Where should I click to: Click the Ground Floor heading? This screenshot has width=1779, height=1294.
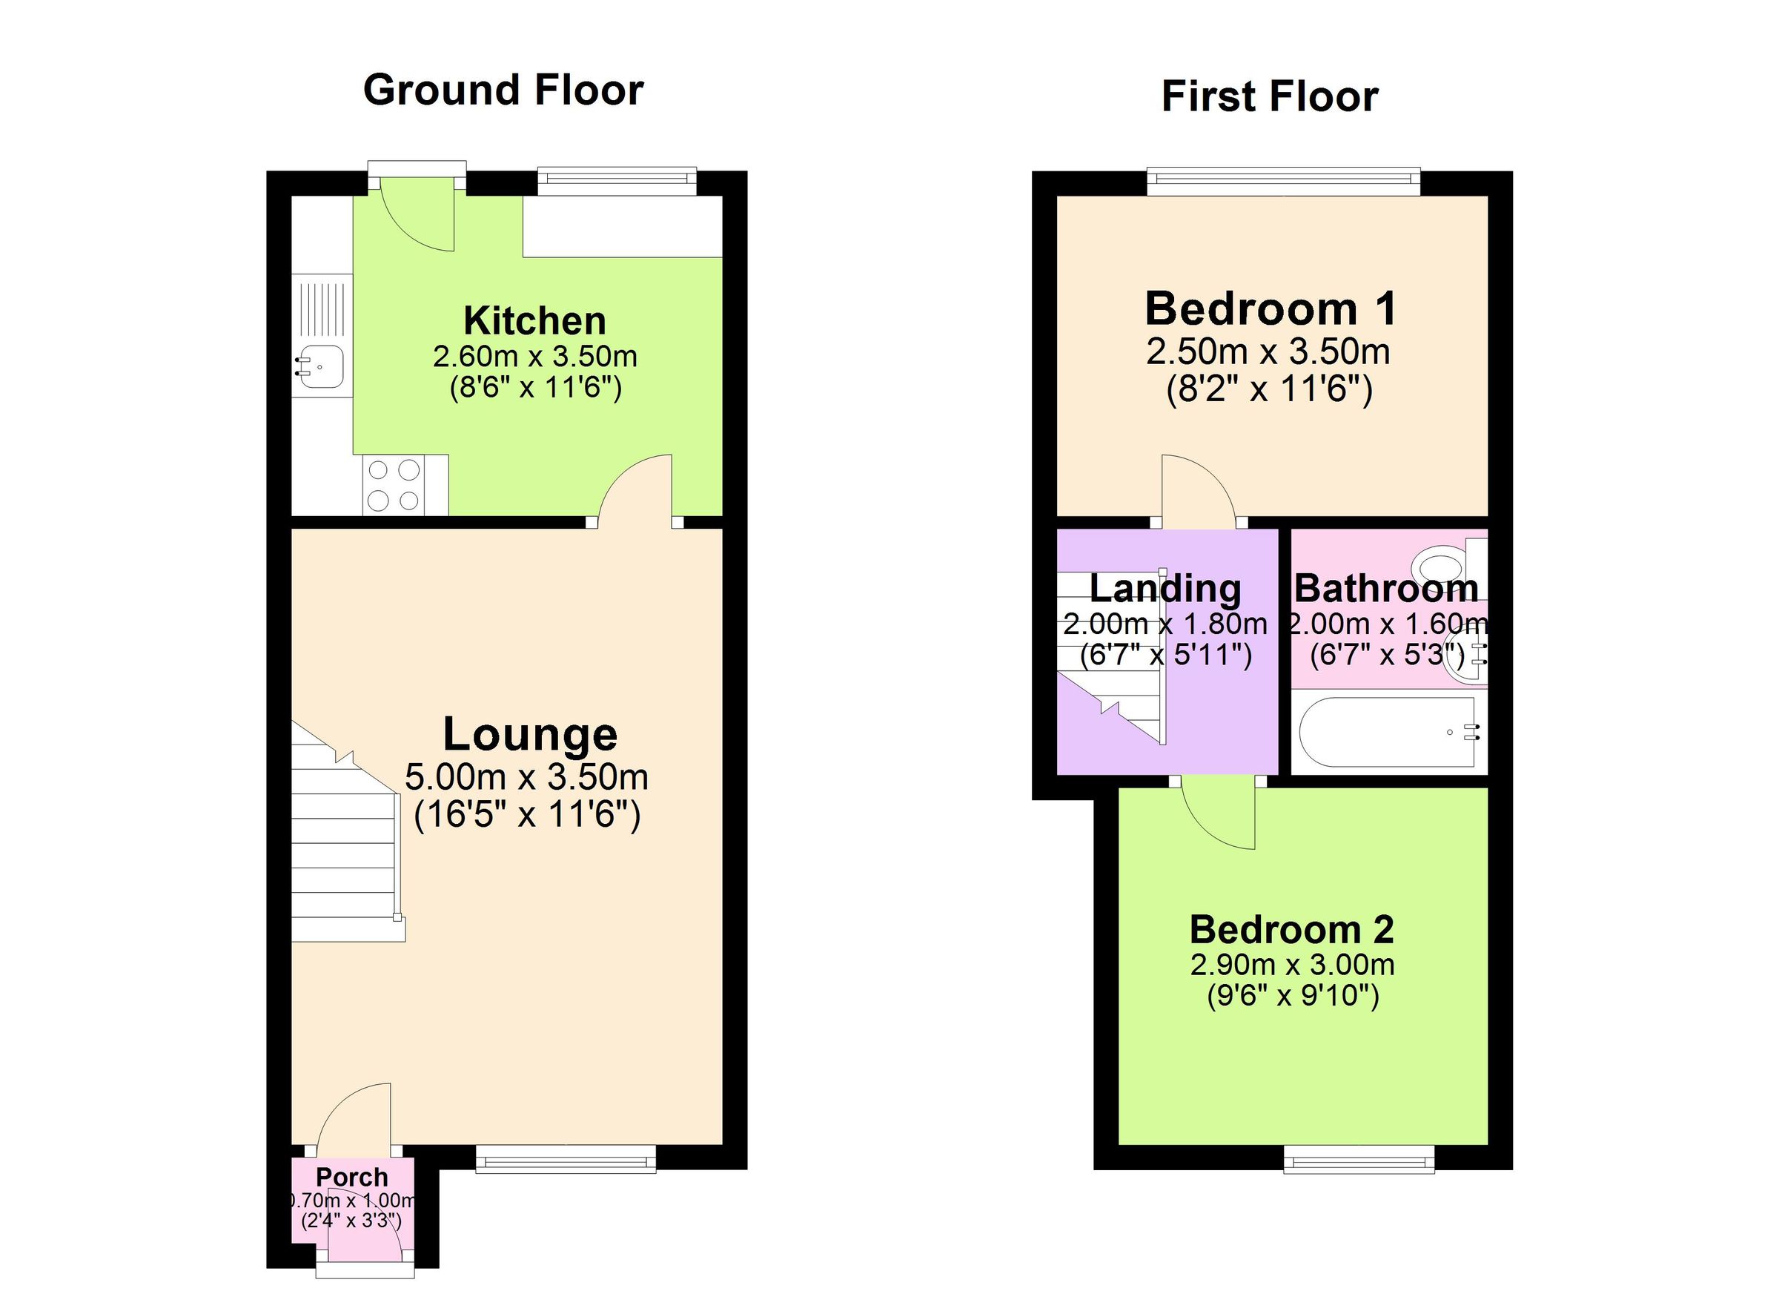click(x=503, y=90)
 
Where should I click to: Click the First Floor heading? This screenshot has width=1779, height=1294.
click(x=1269, y=97)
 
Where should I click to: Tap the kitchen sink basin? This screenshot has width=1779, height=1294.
click(x=320, y=366)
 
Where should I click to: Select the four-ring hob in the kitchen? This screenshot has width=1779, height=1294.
click(x=393, y=485)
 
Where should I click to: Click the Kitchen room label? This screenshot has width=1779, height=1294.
click(x=534, y=321)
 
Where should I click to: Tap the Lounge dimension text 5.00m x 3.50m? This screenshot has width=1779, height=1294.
click(x=526, y=777)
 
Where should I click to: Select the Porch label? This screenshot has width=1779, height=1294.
click(x=351, y=1177)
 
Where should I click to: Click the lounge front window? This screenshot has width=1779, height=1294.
click(x=566, y=1158)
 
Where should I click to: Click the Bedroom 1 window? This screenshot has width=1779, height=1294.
click(x=1283, y=181)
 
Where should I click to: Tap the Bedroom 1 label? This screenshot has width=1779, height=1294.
click(x=1271, y=308)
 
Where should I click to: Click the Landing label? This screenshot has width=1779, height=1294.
click(x=1165, y=589)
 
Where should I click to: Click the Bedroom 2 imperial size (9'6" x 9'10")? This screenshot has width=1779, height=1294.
click(x=1292, y=996)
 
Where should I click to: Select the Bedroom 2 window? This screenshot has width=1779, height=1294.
click(x=1359, y=1159)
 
